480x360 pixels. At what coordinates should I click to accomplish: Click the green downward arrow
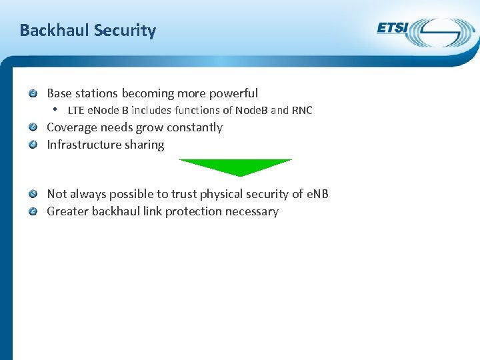pos(236,167)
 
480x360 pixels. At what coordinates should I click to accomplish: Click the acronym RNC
pos(302,111)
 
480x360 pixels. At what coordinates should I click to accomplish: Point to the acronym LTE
pos(76,111)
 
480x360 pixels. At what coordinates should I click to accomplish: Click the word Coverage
pos(72,127)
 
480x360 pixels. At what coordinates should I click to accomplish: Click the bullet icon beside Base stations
pos(33,93)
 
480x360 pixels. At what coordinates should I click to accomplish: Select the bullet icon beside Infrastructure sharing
pos(33,145)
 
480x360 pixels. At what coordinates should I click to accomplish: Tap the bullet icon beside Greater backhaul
pos(33,211)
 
